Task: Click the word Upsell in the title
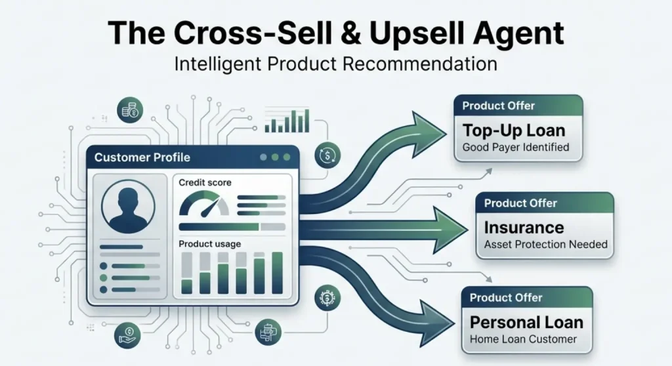[x=416, y=33]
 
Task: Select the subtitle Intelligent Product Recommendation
[x=335, y=64]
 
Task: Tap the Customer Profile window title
[x=142, y=157]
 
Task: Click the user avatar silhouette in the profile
[x=128, y=207]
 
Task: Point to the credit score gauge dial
[x=204, y=203]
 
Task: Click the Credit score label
[x=205, y=182]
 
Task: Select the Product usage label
[x=209, y=244]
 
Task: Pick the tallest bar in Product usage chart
[x=278, y=273]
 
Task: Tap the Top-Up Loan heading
[x=514, y=131]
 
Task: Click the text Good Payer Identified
[x=516, y=148]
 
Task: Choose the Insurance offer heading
[x=524, y=228]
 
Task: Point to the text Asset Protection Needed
[x=546, y=244]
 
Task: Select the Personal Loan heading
[x=526, y=322]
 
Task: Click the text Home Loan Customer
[x=523, y=339]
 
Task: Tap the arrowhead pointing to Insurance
[x=450, y=230]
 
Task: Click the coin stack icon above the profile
[x=130, y=110]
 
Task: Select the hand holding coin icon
[x=127, y=335]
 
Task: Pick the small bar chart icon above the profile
[x=287, y=121]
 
